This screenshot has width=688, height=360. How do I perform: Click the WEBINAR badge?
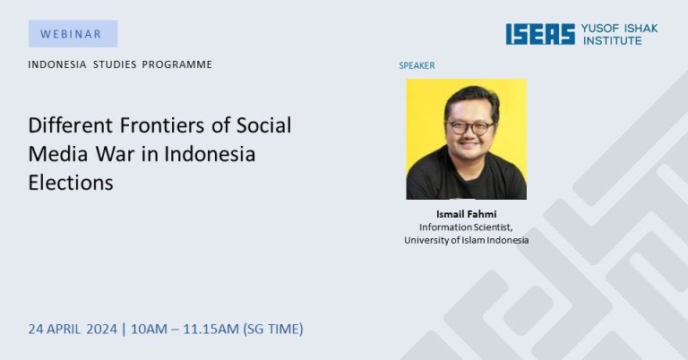coord(73,34)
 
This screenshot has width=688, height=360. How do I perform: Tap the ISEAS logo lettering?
coord(540,34)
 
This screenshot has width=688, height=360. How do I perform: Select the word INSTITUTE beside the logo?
coord(612,40)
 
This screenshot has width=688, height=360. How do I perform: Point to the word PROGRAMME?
coord(176,64)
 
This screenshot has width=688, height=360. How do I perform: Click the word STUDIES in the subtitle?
coord(115,64)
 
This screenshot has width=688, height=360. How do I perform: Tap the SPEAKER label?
coord(417,65)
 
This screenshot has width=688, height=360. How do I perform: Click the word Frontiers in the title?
coord(162,125)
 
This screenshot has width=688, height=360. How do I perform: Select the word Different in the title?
coord(71,125)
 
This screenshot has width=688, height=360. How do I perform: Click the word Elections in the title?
coord(71,183)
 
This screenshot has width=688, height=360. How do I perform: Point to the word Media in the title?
coord(59,154)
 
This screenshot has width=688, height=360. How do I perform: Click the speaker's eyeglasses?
coord(469,128)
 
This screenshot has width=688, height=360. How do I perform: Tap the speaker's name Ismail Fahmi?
coord(467,214)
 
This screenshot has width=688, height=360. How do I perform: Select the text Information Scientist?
coord(466,227)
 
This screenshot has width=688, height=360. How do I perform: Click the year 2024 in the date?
coord(102,329)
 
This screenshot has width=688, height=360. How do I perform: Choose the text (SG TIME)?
coord(273,329)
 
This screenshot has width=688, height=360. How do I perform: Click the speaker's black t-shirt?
coord(467,180)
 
